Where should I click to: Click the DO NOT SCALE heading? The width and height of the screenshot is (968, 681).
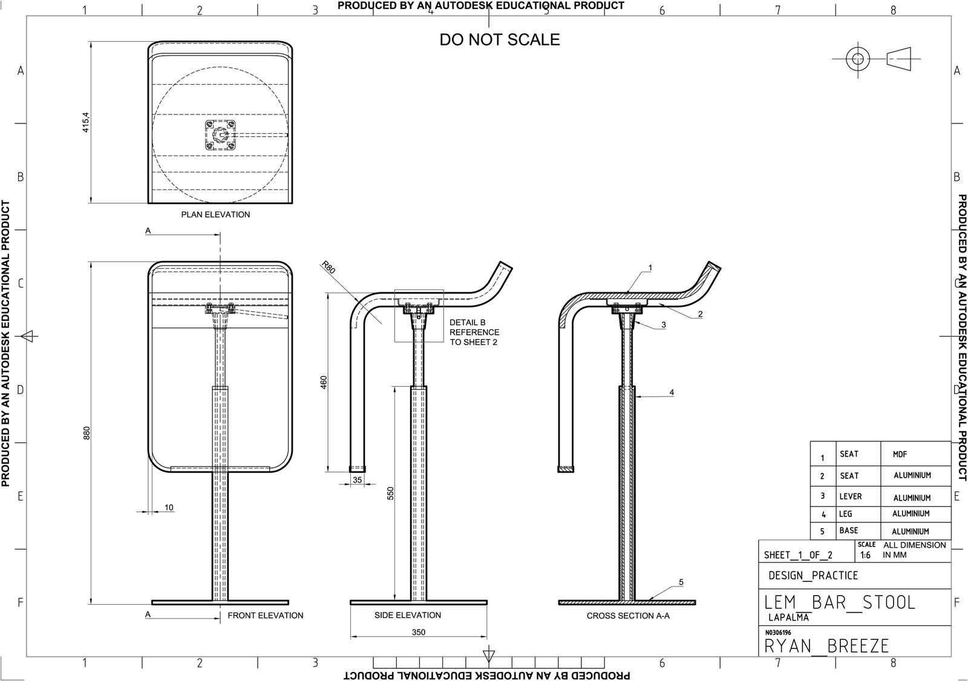pyautogui.click(x=499, y=40)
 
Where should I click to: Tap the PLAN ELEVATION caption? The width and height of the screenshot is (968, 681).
pyautogui.click(x=215, y=214)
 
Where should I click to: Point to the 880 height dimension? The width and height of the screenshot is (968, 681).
pyautogui.click(x=86, y=433)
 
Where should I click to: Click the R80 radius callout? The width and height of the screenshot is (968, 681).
pyautogui.click(x=327, y=268)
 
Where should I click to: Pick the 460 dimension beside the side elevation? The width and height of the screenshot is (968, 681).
pyautogui.click(x=324, y=382)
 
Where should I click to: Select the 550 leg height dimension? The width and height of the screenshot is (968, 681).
pyautogui.click(x=390, y=493)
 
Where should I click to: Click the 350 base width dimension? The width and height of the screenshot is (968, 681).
pyautogui.click(x=418, y=632)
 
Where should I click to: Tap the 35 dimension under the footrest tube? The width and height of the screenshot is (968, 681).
pyautogui.click(x=357, y=480)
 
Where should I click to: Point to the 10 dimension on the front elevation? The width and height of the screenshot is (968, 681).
pyautogui.click(x=169, y=507)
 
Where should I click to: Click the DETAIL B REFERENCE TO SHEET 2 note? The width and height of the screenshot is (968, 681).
pyautogui.click(x=474, y=332)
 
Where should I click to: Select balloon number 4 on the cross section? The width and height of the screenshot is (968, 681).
pyautogui.click(x=672, y=392)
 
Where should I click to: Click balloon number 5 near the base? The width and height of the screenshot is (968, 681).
pyautogui.click(x=681, y=582)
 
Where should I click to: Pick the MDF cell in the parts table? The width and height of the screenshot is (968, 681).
pyautogui.click(x=900, y=455)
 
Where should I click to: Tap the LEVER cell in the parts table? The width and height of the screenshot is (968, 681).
pyautogui.click(x=850, y=496)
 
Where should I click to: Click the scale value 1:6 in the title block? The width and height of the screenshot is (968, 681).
pyautogui.click(x=865, y=555)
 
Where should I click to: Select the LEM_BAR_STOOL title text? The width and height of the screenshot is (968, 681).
pyautogui.click(x=840, y=602)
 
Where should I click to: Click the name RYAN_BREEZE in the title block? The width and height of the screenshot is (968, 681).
pyautogui.click(x=826, y=646)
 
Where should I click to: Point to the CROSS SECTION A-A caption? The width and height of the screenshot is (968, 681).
pyautogui.click(x=628, y=616)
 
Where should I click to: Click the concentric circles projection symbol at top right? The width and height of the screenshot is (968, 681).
pyautogui.click(x=857, y=59)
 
